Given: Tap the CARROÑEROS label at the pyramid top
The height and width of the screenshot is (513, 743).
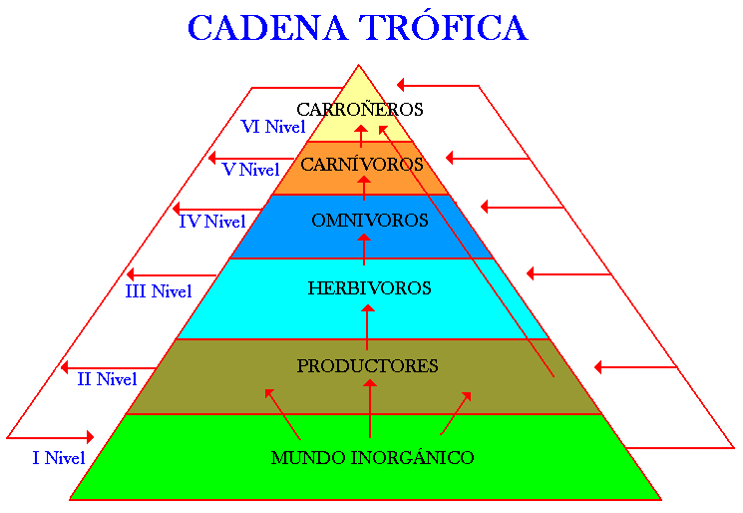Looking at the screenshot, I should (x=360, y=109).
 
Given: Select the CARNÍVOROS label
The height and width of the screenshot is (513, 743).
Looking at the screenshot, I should (x=362, y=163).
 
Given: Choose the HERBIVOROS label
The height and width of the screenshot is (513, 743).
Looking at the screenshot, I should (x=369, y=288).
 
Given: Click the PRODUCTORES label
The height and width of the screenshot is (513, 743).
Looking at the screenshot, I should (x=367, y=366).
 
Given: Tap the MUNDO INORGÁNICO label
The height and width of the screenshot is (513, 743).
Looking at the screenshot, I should (x=372, y=458).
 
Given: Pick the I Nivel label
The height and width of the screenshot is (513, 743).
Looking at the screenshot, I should (x=58, y=458).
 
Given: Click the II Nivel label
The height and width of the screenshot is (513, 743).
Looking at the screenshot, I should (x=107, y=379).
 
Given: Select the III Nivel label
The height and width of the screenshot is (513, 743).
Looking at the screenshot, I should (x=159, y=292).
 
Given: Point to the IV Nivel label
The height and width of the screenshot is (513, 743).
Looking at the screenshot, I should (x=211, y=222).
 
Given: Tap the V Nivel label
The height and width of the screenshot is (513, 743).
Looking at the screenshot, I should (x=250, y=170).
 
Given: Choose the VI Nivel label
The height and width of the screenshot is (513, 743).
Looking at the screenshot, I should (x=272, y=127).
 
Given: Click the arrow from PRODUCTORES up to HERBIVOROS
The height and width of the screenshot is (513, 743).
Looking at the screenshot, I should (x=367, y=324).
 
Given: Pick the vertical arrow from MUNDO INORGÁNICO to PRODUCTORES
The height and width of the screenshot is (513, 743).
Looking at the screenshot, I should (x=370, y=409).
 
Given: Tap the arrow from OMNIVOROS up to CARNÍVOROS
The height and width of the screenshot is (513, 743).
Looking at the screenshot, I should (x=364, y=188).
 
